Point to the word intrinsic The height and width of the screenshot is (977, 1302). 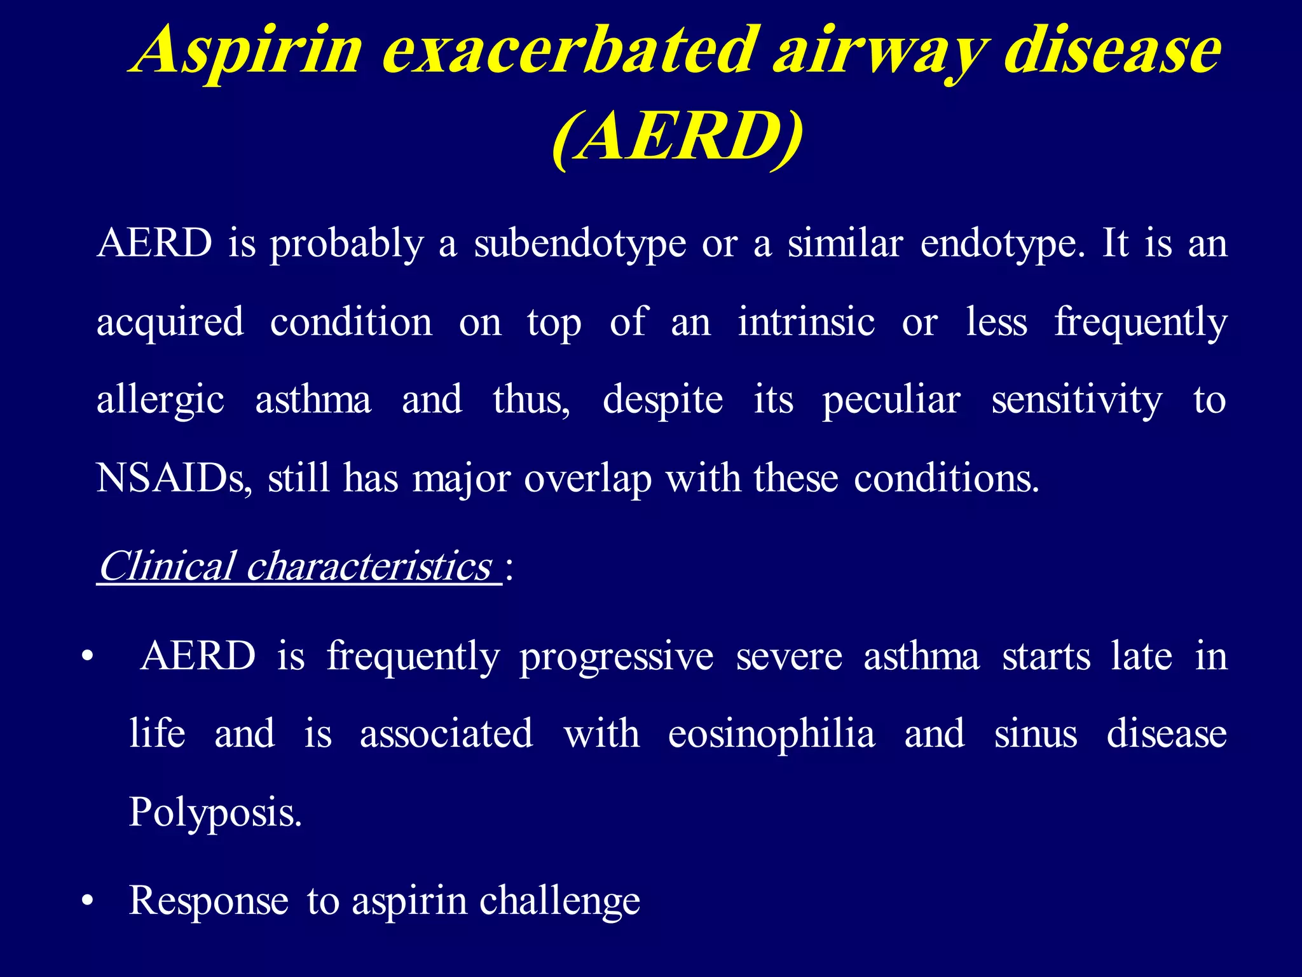806,322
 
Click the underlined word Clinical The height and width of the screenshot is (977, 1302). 167,565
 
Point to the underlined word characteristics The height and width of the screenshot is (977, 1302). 369,565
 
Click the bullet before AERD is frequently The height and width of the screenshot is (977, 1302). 88,656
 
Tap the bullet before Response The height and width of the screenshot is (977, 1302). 88,901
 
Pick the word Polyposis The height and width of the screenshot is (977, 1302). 215,813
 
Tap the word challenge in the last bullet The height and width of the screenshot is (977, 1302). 559,902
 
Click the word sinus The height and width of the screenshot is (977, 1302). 1036,734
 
